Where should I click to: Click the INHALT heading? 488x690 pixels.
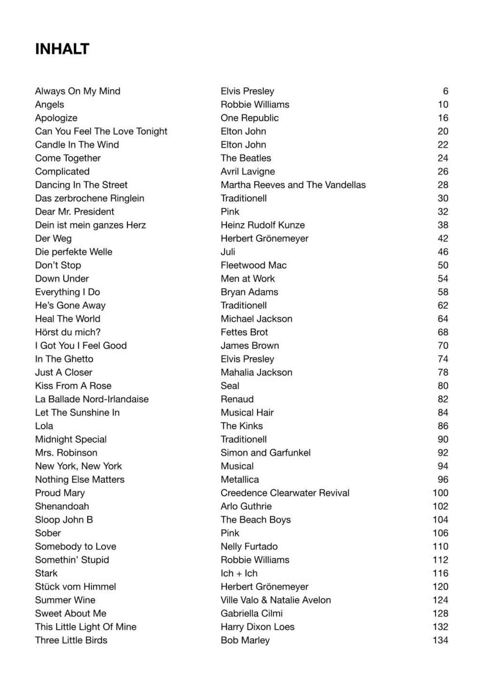click(x=62, y=49)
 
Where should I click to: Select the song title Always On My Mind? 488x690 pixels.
click(x=78, y=91)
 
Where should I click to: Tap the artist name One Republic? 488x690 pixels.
click(x=250, y=118)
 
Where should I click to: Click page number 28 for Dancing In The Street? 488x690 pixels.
click(x=443, y=185)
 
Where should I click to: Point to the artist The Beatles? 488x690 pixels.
click(x=246, y=158)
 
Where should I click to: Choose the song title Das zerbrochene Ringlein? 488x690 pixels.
click(x=89, y=198)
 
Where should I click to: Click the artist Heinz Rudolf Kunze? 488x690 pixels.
click(x=263, y=225)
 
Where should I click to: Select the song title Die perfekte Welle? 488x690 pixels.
click(x=74, y=252)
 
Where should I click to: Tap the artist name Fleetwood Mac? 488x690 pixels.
click(x=254, y=265)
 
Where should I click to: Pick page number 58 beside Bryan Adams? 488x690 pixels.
click(x=443, y=292)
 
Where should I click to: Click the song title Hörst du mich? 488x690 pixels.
click(x=68, y=332)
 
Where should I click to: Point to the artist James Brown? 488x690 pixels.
click(x=250, y=346)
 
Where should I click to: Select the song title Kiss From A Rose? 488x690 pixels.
click(x=73, y=386)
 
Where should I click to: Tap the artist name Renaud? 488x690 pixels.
click(x=237, y=399)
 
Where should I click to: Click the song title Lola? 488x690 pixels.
click(x=44, y=426)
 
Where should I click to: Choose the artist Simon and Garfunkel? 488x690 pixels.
click(x=265, y=453)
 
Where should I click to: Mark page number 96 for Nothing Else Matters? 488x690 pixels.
click(x=443, y=480)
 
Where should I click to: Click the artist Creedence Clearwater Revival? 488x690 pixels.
click(x=285, y=493)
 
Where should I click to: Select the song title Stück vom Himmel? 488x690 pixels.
click(x=75, y=586)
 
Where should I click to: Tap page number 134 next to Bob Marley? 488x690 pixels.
click(x=440, y=640)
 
